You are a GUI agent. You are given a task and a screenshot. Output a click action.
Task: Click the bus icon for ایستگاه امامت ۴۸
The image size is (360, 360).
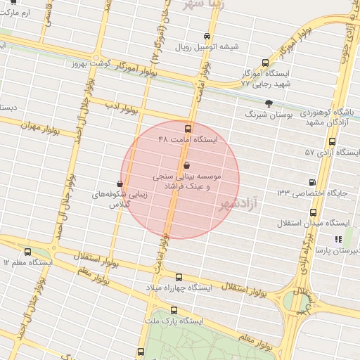pyautogui.click(x=187, y=129)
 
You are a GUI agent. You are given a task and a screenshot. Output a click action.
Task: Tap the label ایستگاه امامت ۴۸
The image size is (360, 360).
pyautogui.click(x=188, y=140)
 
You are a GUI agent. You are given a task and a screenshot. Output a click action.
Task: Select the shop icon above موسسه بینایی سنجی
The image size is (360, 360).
pyautogui.click(x=186, y=165)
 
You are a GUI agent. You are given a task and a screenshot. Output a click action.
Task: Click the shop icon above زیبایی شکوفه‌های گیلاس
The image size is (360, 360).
pyautogui.click(x=120, y=184)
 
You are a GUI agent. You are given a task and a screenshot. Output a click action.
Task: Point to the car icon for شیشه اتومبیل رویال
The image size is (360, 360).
pyautogui.click(x=206, y=37)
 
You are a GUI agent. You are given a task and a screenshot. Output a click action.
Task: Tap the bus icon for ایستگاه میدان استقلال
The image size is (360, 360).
pyautogui.click(x=313, y=212)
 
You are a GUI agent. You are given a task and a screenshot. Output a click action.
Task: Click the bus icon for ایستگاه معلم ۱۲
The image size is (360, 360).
pyautogui.click(x=27, y=252)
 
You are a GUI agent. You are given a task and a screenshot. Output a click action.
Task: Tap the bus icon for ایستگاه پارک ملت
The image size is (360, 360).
pyautogui.click(x=174, y=310)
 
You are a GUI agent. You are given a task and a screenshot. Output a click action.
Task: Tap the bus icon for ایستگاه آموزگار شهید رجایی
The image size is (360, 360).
pyautogui.click(x=264, y=63)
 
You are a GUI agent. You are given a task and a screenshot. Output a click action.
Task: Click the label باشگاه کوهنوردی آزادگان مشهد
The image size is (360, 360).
pyautogui.click(x=330, y=117)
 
